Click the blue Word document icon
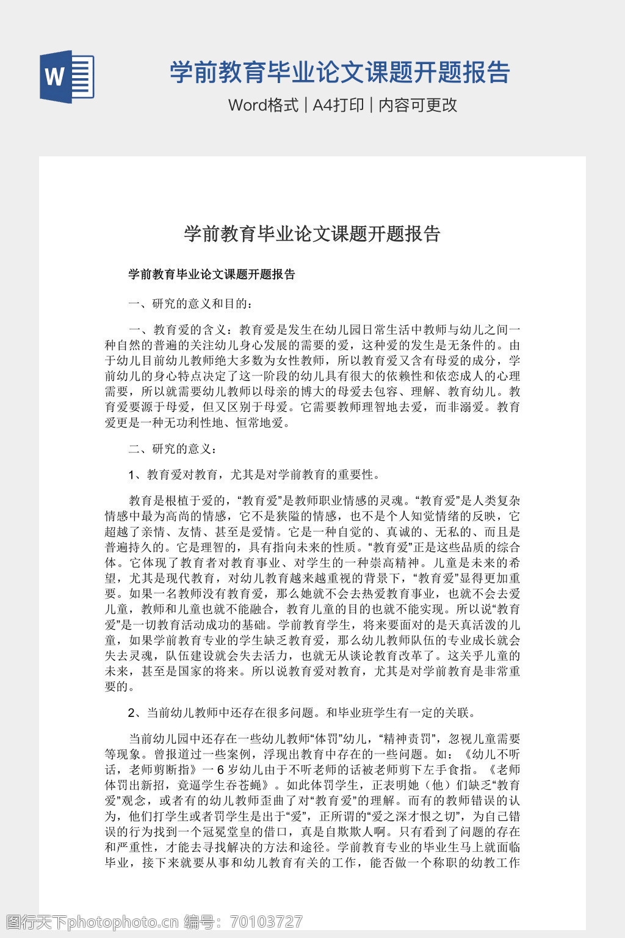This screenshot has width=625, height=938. (x=67, y=77)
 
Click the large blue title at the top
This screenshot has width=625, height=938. (x=339, y=72)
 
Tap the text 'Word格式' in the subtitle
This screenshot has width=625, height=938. (x=263, y=105)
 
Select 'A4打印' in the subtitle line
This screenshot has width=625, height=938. (x=338, y=105)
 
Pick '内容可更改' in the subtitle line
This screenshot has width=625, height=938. (x=417, y=105)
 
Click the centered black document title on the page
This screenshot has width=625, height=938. (x=312, y=234)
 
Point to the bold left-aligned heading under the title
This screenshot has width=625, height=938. (x=212, y=274)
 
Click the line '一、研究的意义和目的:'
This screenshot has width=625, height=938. (x=190, y=304)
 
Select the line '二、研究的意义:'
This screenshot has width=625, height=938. (x=172, y=449)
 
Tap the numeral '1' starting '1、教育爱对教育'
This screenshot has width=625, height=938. (x=132, y=474)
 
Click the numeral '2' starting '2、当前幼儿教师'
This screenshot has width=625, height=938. (x=132, y=712)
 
